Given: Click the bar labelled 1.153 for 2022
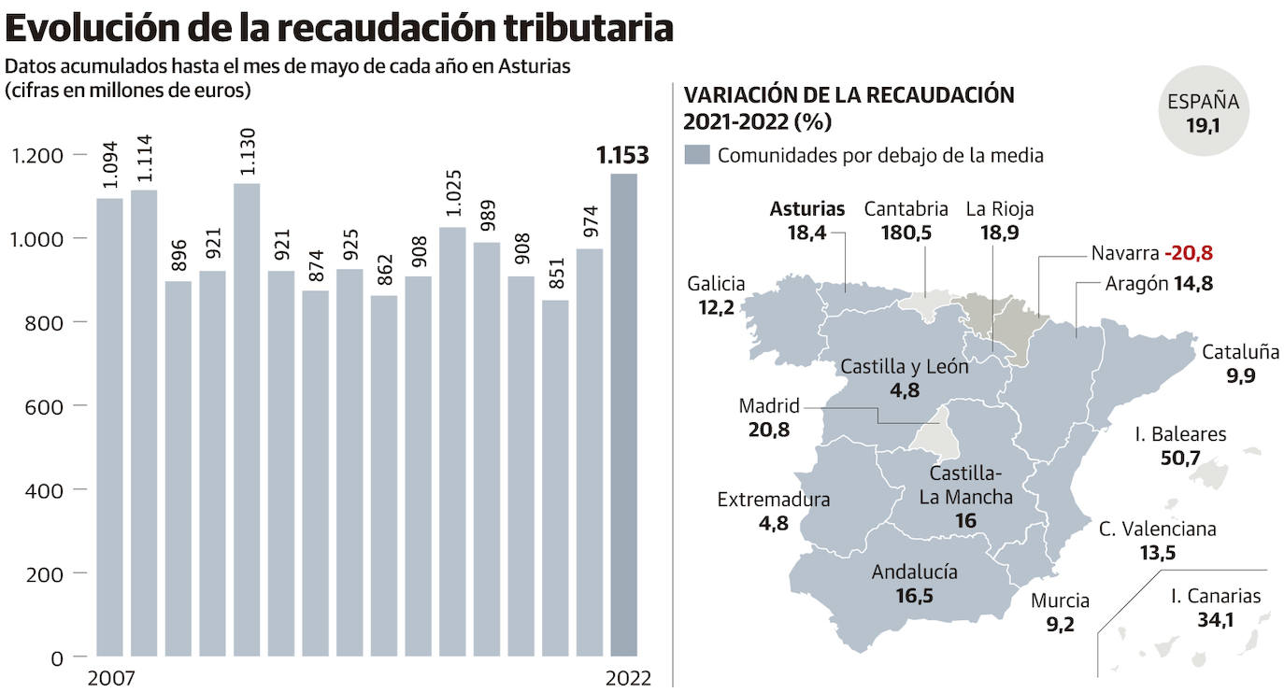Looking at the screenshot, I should coord(623,415).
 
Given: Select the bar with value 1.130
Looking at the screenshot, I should coord(247,419).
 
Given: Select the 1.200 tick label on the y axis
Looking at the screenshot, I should coord(36,155).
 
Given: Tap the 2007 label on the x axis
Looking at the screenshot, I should coord(110,679).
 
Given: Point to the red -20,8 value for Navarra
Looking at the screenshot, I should coord(1189,254).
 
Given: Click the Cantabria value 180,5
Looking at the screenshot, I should coord(906,233).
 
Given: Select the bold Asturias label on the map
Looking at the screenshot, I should coord(807,209).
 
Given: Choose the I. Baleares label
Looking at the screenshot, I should coord(1180,434).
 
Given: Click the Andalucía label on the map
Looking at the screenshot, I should coord(914,572).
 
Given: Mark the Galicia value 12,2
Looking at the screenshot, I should coord(715,307).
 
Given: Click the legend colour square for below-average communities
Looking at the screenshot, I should coord(697,155).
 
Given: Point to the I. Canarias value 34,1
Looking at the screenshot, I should coord(1215,618).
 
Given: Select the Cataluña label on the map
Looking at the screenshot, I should coord(1240,353).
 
